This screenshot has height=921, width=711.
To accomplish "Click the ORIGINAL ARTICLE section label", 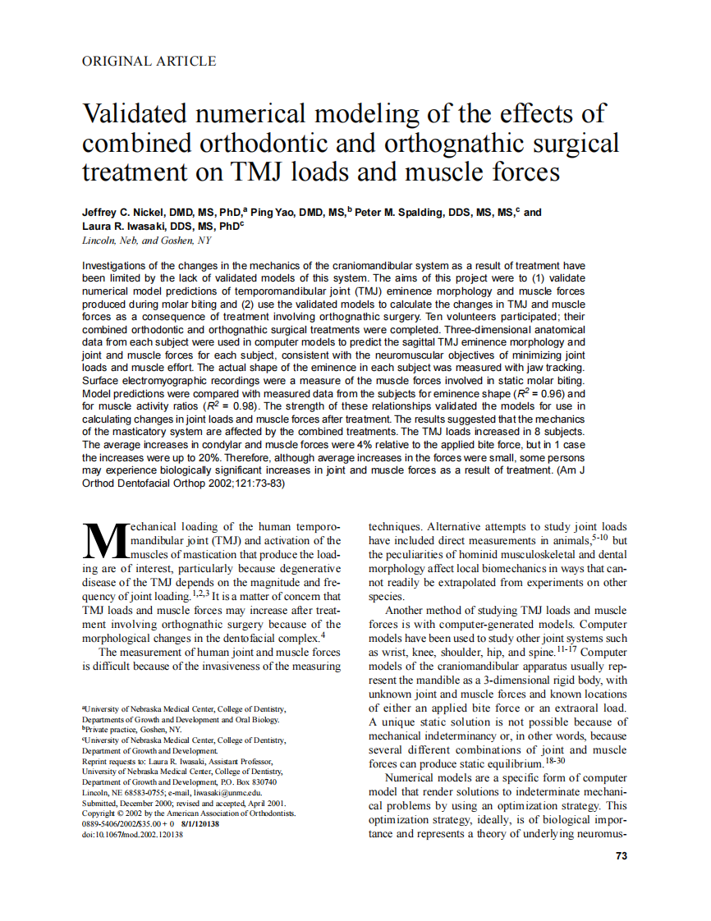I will pos(149,62).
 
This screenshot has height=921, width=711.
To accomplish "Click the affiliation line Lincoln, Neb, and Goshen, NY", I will pos(147,241).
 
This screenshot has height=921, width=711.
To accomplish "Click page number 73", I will pos(621,856).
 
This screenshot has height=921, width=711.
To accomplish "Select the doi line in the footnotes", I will pos(132,835).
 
